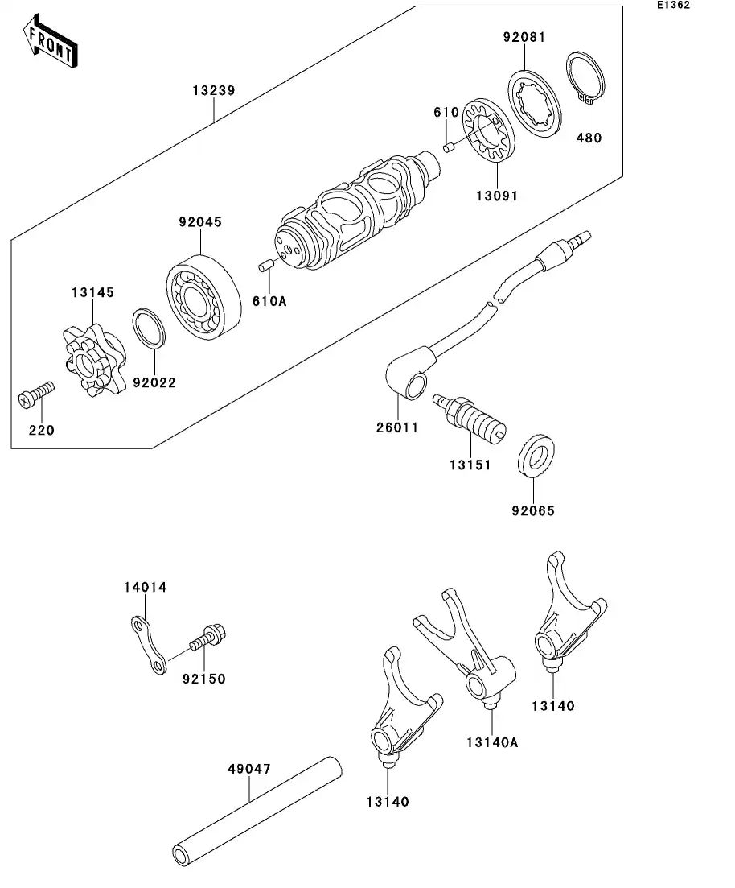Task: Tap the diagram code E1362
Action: click(673, 6)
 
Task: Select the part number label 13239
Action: click(213, 91)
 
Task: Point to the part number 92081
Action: click(524, 37)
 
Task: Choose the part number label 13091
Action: click(495, 195)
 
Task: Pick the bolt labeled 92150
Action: click(208, 639)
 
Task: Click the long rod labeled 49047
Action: click(256, 810)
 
